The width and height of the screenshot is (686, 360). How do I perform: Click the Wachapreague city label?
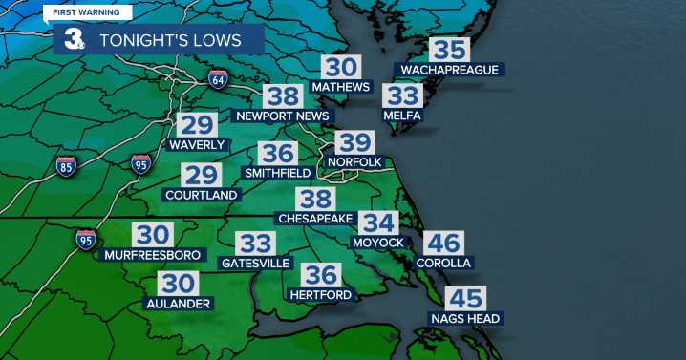(449, 70)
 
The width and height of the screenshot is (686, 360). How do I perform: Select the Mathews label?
(340, 87)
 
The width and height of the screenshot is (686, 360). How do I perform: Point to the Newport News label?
(283, 116)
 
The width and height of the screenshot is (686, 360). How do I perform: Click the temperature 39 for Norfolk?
(354, 143)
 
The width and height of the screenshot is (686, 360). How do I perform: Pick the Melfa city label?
(401, 116)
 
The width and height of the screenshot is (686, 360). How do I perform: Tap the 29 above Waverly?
(196, 125)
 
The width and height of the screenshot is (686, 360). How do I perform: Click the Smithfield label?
(278, 173)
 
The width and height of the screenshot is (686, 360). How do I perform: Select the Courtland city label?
(201, 195)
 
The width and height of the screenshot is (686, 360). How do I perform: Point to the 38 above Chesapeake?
(314, 199)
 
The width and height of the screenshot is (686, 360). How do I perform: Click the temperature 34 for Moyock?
(378, 222)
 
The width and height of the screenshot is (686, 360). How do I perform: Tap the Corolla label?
(444, 263)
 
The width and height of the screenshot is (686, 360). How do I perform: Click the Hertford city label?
(321, 295)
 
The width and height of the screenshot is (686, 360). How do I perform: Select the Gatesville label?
(255, 263)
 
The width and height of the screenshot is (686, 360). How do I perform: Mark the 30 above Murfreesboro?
(152, 235)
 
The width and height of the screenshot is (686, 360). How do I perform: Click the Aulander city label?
(177, 303)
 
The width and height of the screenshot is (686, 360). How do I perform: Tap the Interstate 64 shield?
(218, 79)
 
